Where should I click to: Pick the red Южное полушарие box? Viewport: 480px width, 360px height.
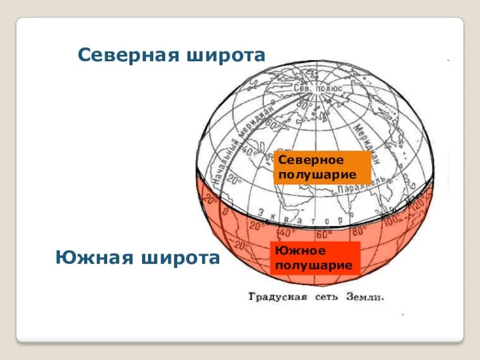pos(314,258)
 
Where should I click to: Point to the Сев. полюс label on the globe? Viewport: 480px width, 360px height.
pos(318,88)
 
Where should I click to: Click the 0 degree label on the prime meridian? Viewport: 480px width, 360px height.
pos(224,211)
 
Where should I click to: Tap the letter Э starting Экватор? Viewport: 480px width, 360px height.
pos(262,211)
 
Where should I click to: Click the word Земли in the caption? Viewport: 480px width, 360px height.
pos(365,297)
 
